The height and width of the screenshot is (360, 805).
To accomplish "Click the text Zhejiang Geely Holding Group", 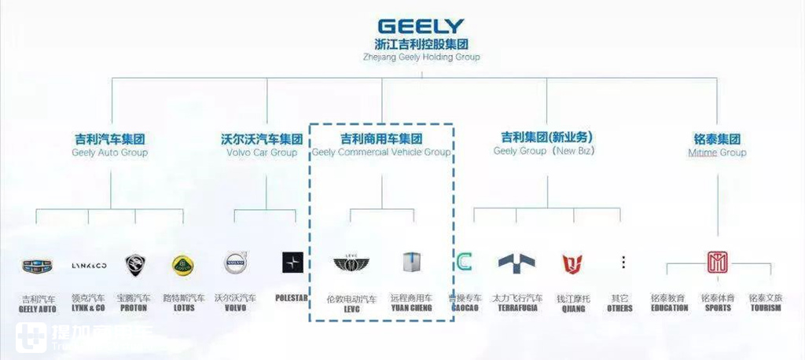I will coord(421,57).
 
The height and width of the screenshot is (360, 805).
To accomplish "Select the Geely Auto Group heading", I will coord(110,145).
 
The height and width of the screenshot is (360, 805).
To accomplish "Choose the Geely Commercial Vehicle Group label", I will coord(381,145).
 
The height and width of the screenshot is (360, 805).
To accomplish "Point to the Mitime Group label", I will coord(717,145).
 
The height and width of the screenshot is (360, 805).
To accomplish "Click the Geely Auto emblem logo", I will coord(37,265).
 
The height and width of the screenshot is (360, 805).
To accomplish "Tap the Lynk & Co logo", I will coord(87,265).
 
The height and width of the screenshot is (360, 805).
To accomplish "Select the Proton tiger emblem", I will coord(134,265).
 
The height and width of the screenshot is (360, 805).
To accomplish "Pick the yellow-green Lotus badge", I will coord(183,265).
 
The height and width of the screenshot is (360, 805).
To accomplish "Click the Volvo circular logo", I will coord(236,263).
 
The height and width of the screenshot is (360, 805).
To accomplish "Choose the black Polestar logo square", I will coord(292,263).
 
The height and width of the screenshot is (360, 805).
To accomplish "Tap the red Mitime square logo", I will coord(717,263).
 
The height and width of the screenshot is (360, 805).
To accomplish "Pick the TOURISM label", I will coord(765,308).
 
